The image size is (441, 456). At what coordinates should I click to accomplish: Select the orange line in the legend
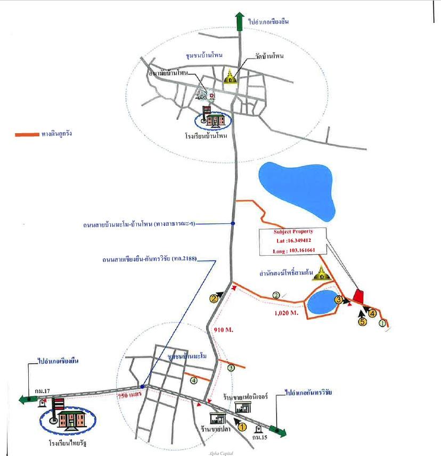point(26,134)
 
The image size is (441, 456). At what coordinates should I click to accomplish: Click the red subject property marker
point(358,296)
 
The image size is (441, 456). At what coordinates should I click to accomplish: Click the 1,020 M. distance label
point(285,314)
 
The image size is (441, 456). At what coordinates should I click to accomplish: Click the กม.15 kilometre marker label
point(260,437)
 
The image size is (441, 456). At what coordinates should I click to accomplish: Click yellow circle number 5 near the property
point(363,322)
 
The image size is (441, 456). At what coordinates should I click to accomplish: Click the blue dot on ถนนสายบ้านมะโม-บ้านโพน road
point(233,223)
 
